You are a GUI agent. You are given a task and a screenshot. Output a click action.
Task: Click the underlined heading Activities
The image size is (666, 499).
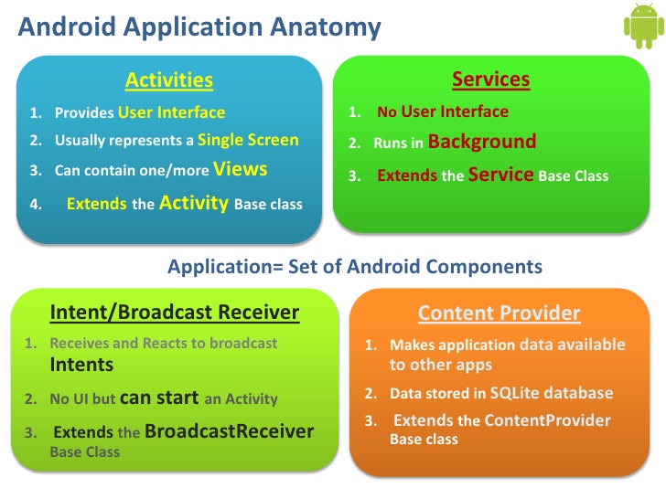point(169,80)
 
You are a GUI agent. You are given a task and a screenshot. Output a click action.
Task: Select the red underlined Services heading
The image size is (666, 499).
point(490,80)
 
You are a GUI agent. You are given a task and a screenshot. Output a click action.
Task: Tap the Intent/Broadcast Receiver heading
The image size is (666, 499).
point(174,313)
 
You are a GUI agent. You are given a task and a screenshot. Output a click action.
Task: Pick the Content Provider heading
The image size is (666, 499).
point(499,313)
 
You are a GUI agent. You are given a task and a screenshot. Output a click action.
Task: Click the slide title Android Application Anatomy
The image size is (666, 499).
point(199,27)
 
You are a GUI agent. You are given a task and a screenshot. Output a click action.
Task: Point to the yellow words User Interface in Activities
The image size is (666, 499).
point(171,113)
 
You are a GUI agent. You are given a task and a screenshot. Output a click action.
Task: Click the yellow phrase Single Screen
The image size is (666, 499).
point(248,140)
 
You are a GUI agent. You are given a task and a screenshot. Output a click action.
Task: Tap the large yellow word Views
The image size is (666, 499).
point(241,168)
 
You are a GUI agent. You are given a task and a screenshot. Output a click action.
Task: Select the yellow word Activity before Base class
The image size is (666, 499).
point(194,203)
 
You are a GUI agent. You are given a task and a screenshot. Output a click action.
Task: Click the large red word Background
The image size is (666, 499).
point(482,142)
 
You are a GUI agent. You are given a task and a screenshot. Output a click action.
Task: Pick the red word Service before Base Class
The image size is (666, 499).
point(500,175)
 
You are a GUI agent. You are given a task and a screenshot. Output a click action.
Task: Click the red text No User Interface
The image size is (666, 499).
point(443,111)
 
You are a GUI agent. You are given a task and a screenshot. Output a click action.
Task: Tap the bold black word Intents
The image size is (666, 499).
point(81,365)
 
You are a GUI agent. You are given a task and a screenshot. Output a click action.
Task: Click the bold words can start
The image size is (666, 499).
point(158,398)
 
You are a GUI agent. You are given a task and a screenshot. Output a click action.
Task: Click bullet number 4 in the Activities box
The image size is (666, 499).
point(36,205)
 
